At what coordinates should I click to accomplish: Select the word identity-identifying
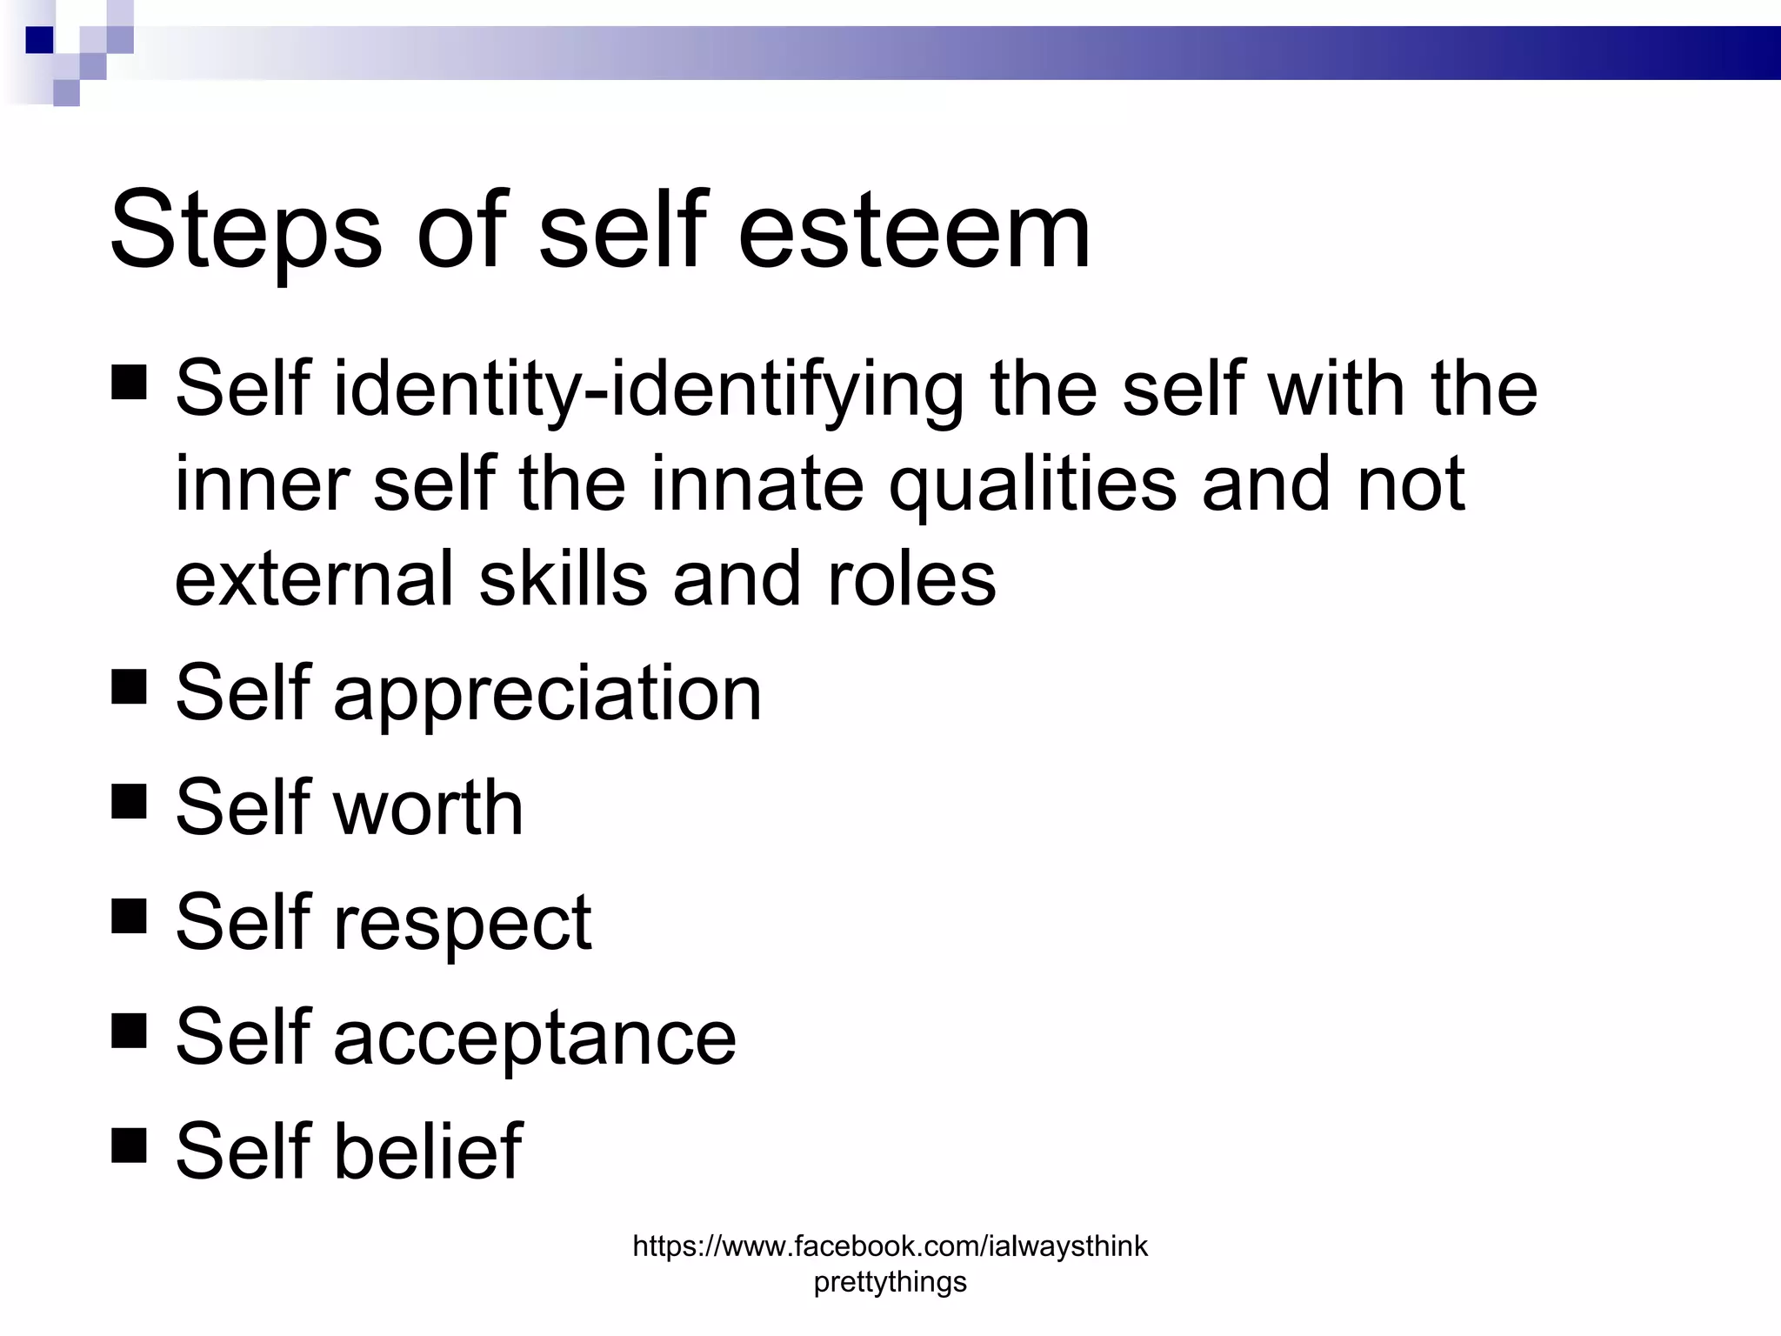click(649, 389)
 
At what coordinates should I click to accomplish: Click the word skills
click(564, 578)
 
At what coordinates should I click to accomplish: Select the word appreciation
click(548, 693)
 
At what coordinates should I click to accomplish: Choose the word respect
click(463, 922)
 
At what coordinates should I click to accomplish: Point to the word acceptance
click(535, 1036)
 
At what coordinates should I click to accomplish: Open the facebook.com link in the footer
click(890, 1246)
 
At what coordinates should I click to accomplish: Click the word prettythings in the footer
click(890, 1282)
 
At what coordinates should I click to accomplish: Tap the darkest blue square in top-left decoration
click(39, 40)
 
